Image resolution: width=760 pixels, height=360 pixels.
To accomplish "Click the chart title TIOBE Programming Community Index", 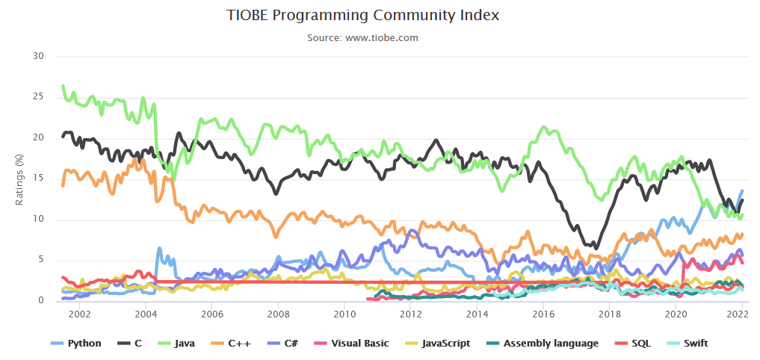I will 363,16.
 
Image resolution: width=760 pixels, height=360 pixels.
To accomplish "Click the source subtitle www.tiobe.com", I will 362,37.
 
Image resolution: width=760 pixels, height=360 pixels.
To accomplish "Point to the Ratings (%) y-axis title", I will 20,179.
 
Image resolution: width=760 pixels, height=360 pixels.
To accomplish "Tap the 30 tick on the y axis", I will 40,57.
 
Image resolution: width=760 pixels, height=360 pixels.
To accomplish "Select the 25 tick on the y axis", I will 40,97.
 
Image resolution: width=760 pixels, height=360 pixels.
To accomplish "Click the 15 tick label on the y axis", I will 40,179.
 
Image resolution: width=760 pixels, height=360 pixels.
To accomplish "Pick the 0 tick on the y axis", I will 42,301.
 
